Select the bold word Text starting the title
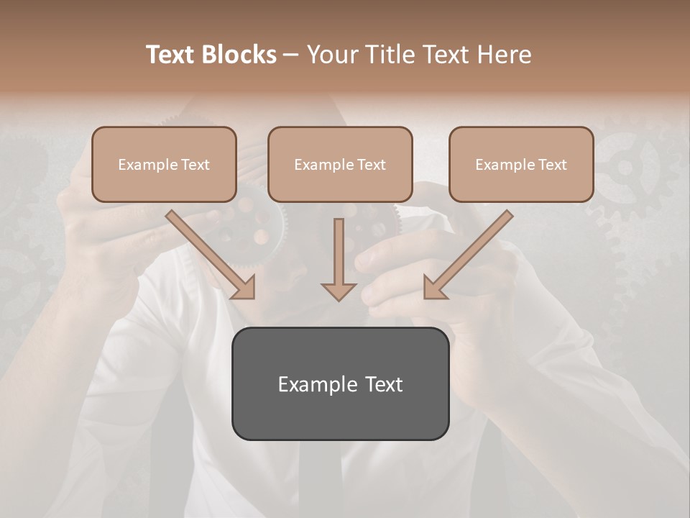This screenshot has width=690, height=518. (x=172, y=55)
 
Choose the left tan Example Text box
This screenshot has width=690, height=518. (x=164, y=164)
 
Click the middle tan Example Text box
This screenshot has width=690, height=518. (x=340, y=164)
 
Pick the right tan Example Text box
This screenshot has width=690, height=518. (x=521, y=164)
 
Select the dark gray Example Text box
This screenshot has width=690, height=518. (x=340, y=383)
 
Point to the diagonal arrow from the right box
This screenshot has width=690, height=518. (x=467, y=255)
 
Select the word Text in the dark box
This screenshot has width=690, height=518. (x=385, y=384)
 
